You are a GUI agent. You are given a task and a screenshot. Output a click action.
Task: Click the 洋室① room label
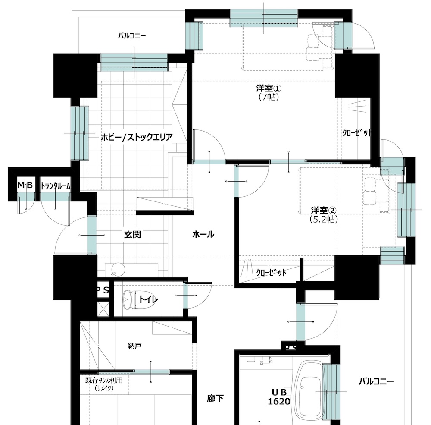(x=269, y=88)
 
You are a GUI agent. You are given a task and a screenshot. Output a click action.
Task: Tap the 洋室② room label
(x=324, y=211)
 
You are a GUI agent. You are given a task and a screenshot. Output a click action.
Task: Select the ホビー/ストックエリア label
(x=137, y=137)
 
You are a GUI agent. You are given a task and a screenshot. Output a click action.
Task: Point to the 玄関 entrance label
(x=132, y=235)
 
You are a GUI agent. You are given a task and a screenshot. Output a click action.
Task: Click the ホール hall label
(x=203, y=235)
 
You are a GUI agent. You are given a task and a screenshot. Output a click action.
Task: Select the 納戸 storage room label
(x=134, y=346)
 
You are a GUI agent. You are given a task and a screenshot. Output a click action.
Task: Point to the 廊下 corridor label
(x=215, y=398)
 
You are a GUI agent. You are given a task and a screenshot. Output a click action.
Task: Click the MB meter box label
(x=25, y=185)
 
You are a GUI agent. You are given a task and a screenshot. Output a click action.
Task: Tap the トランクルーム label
(x=55, y=186)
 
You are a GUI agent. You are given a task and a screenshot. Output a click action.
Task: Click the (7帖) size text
(x=269, y=97)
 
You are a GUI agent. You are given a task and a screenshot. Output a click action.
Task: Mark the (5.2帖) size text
(x=324, y=219)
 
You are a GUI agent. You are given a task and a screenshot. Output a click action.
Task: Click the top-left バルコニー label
(x=132, y=36)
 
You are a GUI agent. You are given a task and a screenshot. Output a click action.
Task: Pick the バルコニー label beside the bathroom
(x=376, y=381)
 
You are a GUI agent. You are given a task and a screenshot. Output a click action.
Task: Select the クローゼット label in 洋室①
(x=357, y=132)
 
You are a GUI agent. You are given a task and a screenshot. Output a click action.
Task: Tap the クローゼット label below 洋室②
(x=271, y=273)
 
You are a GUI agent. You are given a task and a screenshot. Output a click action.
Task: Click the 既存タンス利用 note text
(x=103, y=381)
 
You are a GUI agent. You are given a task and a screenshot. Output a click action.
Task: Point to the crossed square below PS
(x=103, y=309)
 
